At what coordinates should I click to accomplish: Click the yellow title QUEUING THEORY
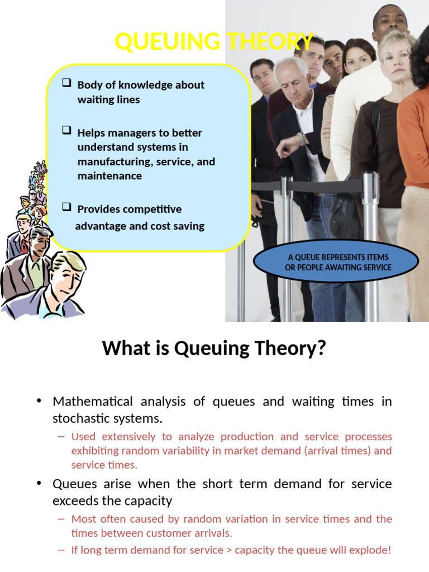coord(214,42)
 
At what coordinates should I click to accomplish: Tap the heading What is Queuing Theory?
coord(214,349)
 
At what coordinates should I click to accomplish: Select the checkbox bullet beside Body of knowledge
coord(66,83)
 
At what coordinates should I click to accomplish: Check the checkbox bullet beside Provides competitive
coord(66,207)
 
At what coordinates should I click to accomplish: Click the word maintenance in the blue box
coord(109,176)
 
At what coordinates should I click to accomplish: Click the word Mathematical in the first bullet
coord(93,402)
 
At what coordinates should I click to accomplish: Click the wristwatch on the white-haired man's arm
coord(302,138)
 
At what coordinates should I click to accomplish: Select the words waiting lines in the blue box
coord(108,100)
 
